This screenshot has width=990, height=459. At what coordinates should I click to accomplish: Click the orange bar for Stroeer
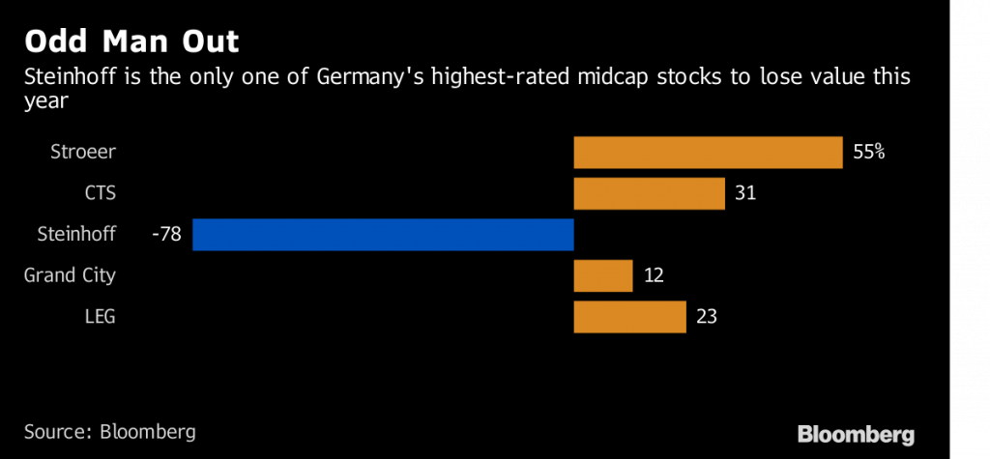(708, 153)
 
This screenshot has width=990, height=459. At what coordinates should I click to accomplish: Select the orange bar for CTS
(649, 193)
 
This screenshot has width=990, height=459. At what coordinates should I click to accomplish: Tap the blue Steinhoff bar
(383, 235)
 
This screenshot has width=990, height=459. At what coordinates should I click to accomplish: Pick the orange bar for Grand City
(603, 275)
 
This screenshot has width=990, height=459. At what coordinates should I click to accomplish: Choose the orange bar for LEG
(629, 316)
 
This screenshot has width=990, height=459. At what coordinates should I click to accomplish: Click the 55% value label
(869, 153)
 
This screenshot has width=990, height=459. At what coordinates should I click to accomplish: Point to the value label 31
(744, 193)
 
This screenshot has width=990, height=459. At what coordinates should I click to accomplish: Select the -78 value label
(167, 235)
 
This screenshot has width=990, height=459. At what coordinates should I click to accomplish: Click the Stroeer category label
(83, 153)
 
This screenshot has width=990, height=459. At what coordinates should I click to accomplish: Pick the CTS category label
(100, 193)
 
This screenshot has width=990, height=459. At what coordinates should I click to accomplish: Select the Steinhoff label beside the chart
(76, 235)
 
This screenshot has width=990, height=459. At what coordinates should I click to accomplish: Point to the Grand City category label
(70, 275)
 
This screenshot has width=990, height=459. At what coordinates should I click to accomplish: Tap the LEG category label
(100, 316)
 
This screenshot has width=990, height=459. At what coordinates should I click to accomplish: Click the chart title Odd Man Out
(132, 43)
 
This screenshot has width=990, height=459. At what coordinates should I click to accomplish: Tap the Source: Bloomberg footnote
(109, 431)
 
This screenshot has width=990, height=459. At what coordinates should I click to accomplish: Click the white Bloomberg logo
(856, 434)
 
